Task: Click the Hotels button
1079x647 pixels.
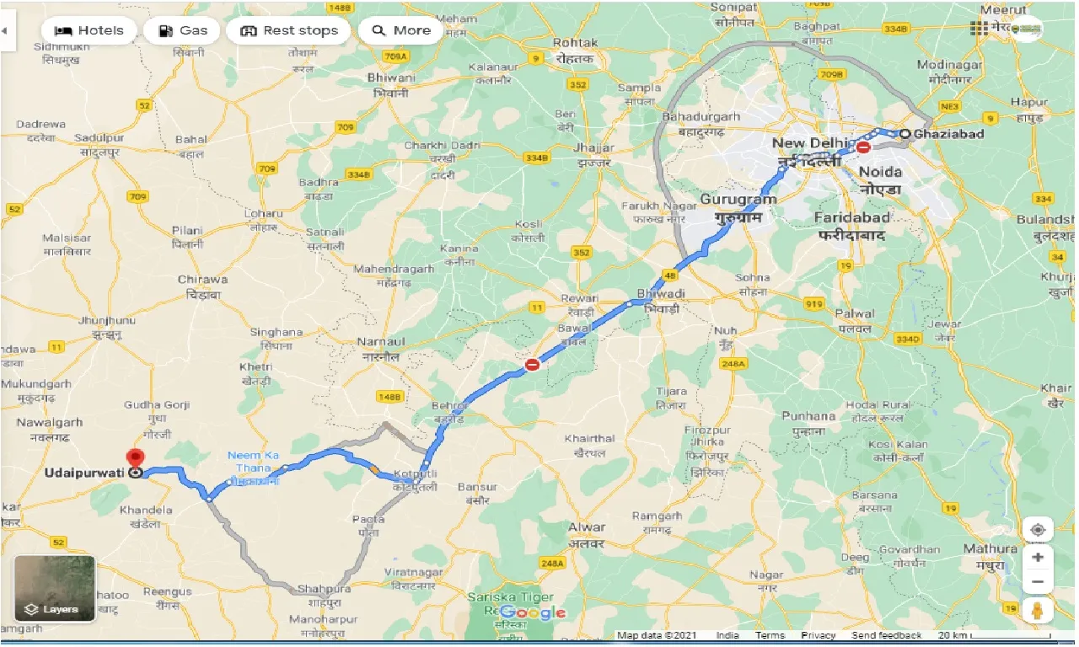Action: [x=89, y=30]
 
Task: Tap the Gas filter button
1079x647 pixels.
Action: [x=182, y=30]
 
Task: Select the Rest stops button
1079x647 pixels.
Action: [x=289, y=30]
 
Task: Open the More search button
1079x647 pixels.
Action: [x=401, y=30]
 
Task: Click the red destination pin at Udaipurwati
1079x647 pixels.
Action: [x=135, y=460]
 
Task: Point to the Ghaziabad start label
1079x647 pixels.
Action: [x=948, y=134]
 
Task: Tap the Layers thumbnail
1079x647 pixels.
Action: [x=55, y=589]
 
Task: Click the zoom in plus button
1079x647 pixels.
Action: [x=1038, y=557]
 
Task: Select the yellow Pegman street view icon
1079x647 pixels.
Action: [x=1038, y=610]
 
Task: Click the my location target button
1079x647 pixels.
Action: [x=1038, y=529]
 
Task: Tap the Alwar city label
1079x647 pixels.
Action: [x=587, y=527]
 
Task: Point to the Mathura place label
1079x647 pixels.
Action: [x=991, y=548]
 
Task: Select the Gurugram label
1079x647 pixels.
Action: [x=738, y=200]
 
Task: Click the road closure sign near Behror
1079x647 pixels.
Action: [x=532, y=365]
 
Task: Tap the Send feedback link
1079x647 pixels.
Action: [x=885, y=636]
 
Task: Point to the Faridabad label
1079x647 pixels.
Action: [x=851, y=217]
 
